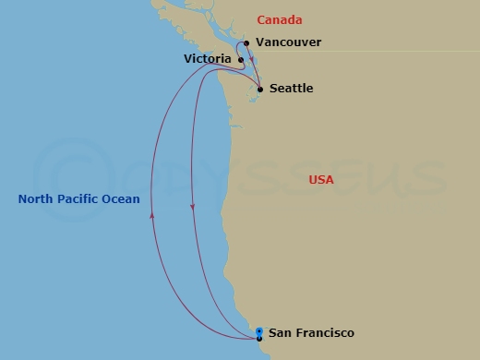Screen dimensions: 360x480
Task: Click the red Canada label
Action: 280,20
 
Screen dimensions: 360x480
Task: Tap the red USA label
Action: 321,180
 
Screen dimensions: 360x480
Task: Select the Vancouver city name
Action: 289,42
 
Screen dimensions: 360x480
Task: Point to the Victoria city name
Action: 208,58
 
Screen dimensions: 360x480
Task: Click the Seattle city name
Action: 291,89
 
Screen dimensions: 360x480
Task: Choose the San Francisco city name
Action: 311,333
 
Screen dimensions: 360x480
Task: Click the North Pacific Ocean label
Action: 79,199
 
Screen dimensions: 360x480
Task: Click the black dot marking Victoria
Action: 241,61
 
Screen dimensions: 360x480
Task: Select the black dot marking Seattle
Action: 260,90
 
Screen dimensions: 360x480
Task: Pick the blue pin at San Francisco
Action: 259,331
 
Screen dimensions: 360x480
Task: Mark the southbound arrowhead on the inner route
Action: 192,207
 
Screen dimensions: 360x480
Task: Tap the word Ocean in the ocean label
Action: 121,199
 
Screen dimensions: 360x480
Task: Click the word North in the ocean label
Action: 34,199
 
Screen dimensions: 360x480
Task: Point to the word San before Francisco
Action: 280,333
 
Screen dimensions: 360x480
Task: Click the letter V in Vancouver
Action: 260,42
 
